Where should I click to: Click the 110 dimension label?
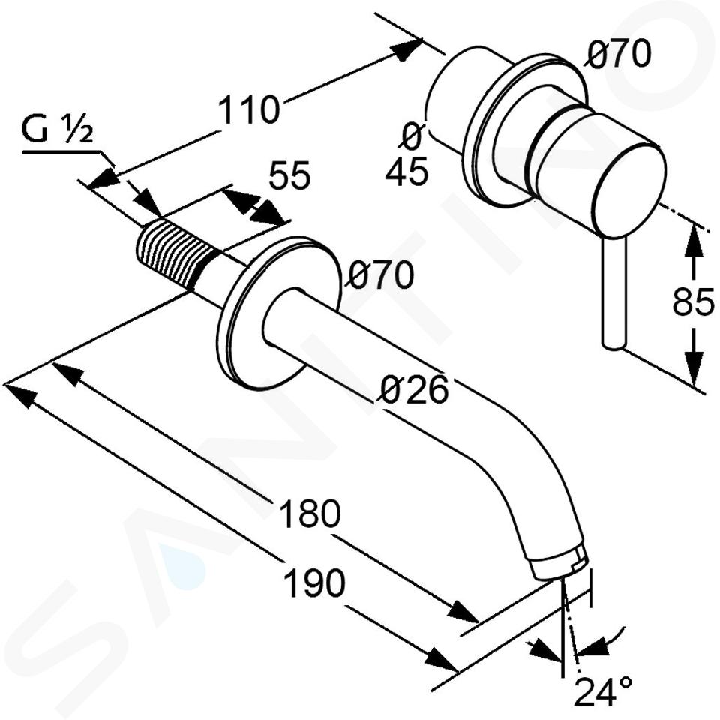(x=248, y=109)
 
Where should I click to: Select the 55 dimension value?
(x=289, y=175)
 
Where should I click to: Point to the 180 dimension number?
(x=310, y=514)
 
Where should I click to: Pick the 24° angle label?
(x=603, y=692)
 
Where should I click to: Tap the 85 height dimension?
(x=693, y=302)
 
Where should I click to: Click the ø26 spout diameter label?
(x=414, y=389)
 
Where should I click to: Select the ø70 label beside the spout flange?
(x=381, y=274)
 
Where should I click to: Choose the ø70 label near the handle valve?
(x=618, y=54)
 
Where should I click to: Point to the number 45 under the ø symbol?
(x=406, y=172)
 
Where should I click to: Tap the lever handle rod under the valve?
(x=613, y=293)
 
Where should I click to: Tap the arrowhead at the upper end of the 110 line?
(x=406, y=49)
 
